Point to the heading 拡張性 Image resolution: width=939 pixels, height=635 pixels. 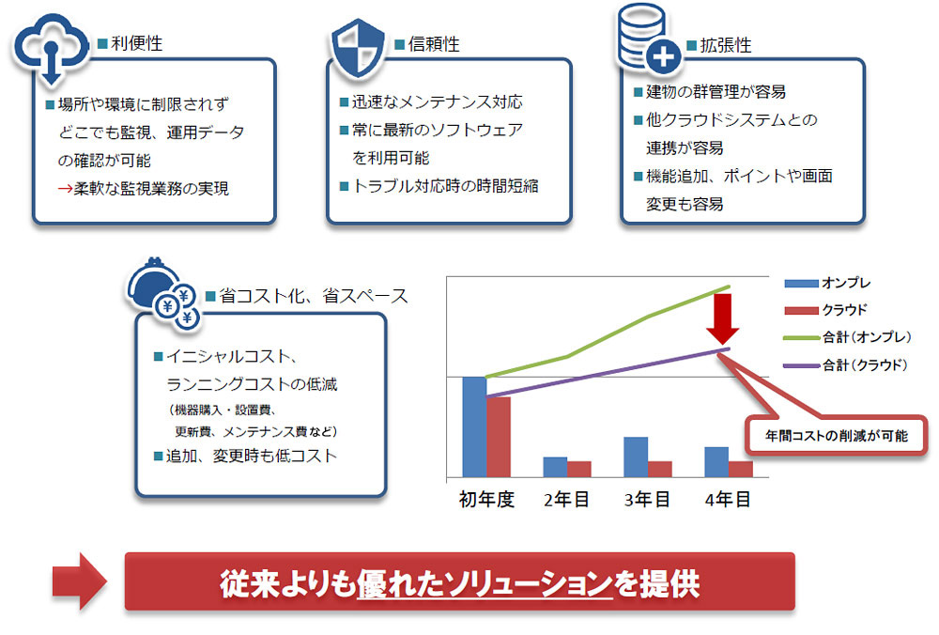[725, 45]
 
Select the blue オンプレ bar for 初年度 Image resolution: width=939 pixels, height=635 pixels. [474, 426]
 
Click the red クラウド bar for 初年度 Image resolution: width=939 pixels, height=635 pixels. [498, 437]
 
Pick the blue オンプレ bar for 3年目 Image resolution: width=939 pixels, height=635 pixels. [636, 457]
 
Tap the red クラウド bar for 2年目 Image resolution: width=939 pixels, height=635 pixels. [579, 469]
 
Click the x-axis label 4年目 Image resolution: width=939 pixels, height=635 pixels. [728, 500]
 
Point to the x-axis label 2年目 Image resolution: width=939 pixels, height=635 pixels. [566, 500]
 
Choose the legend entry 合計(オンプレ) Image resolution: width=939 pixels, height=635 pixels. [849, 336]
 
